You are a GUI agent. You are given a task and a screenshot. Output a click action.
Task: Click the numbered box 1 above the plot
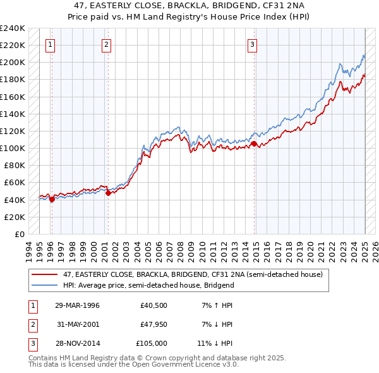tap(50, 45)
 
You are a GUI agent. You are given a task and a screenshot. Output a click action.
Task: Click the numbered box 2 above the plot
tap(106, 45)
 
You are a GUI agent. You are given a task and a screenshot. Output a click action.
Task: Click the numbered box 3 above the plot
tap(252, 45)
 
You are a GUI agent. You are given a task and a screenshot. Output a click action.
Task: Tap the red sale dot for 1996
tap(51, 199)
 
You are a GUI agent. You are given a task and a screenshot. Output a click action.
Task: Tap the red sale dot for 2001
tap(108, 193)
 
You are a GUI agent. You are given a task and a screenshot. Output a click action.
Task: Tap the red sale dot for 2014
tap(255, 144)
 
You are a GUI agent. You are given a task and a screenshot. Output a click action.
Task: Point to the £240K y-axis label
tap(12, 28)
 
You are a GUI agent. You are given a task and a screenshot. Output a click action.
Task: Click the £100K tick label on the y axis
tap(12, 148)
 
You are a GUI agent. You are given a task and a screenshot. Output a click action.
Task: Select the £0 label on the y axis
tap(19, 234)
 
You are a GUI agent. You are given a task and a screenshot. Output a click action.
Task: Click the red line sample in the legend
tap(45, 274)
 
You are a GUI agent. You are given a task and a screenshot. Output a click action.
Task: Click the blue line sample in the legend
tap(45, 285)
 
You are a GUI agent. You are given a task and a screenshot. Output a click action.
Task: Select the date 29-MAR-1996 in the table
tap(77, 306)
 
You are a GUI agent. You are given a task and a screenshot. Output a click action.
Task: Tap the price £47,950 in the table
tap(153, 325)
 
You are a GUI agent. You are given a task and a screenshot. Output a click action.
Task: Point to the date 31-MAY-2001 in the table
tap(77, 325)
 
